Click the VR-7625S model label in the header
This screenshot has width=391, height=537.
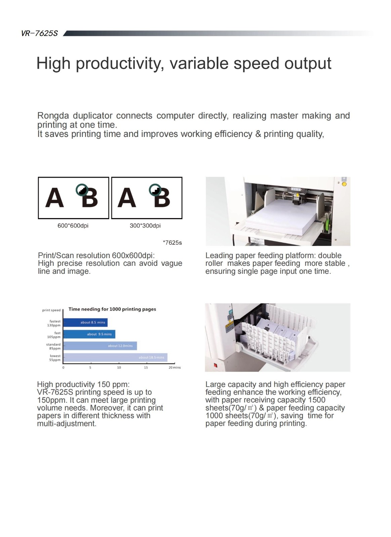[39, 33]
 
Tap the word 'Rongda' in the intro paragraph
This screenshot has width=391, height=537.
[53, 116]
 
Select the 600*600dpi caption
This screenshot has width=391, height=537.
[73, 226]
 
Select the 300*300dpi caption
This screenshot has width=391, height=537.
[145, 226]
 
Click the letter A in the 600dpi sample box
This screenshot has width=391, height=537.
[54, 198]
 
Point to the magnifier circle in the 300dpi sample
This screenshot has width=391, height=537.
[155, 190]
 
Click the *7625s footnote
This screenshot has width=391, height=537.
[172, 243]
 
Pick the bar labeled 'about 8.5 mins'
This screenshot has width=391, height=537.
[85, 323]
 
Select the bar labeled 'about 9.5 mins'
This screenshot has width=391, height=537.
[89, 334]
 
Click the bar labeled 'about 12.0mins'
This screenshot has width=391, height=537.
[100, 346]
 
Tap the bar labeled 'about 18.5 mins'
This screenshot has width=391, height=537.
[115, 357]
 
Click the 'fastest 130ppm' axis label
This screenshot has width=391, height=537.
[54, 323]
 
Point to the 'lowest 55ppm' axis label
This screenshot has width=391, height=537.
[55, 358]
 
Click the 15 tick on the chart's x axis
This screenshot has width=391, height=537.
[146, 368]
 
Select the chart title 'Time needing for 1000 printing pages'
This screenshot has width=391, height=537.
[112, 309]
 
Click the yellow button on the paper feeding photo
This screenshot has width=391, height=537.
[344, 184]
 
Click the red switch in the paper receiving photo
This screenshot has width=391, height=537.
[216, 365]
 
